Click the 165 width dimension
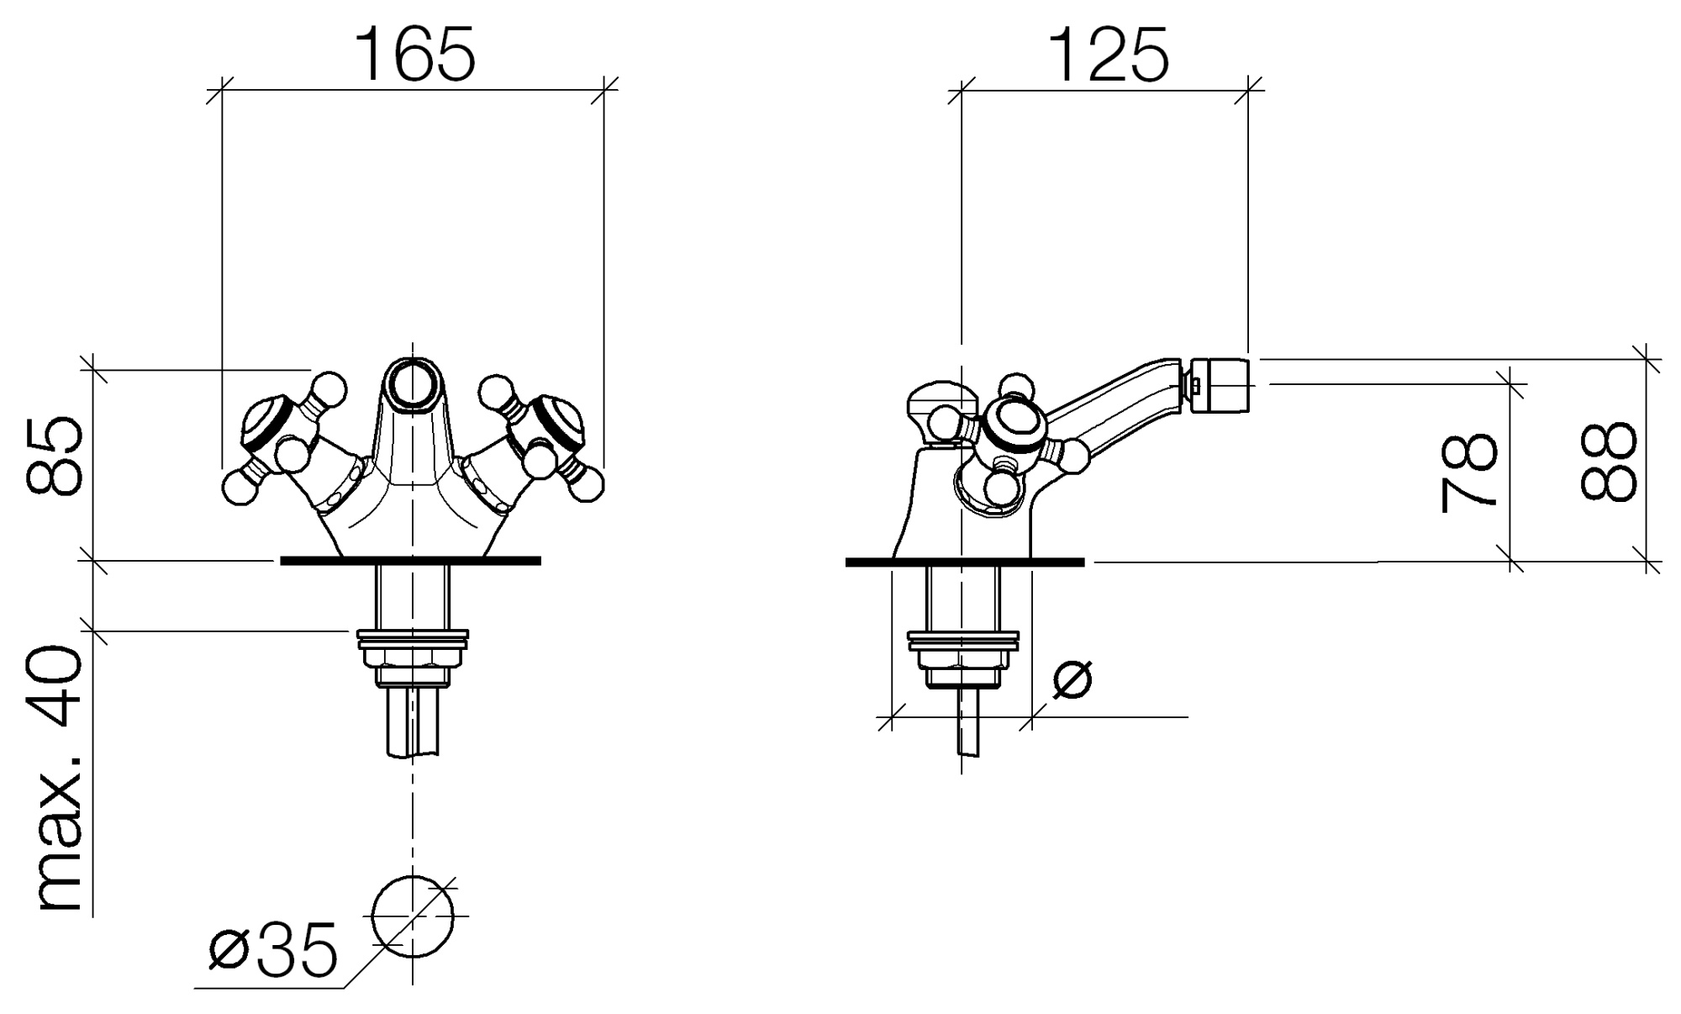(x=416, y=54)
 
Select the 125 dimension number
(x=1109, y=54)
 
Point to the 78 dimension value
(x=1468, y=473)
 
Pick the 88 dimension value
(x=1609, y=462)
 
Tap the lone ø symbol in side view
(x=1072, y=679)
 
